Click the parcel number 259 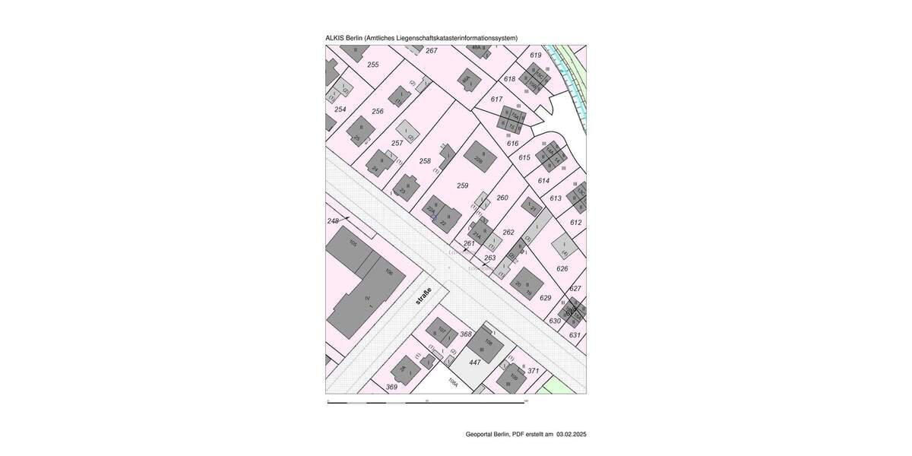click(x=463, y=185)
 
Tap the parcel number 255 click(x=372, y=65)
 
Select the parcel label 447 click(x=475, y=363)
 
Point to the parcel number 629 click(x=545, y=298)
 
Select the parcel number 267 click(x=432, y=51)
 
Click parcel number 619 click(x=536, y=55)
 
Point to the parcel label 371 click(x=533, y=371)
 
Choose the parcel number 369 click(x=391, y=387)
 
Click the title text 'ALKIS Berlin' click(x=344, y=38)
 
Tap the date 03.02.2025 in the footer click(x=571, y=435)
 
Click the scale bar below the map click(x=427, y=401)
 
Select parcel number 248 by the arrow click(x=332, y=220)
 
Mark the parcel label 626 click(x=562, y=268)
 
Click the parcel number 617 click(x=496, y=100)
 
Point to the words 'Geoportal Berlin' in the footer click(x=487, y=435)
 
